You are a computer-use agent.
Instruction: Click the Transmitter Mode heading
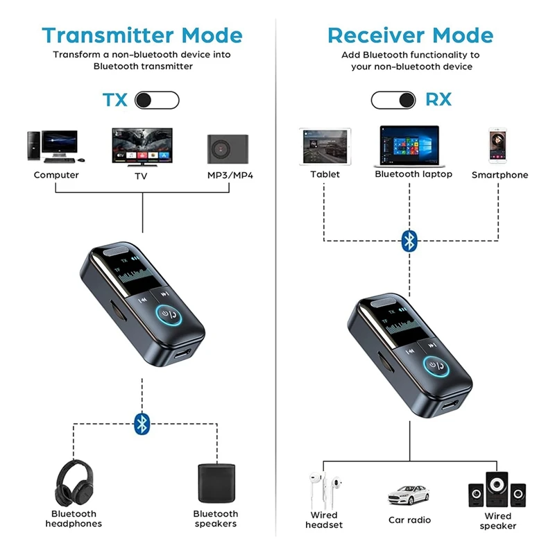tap(142, 35)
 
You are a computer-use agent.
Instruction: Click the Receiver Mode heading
tap(411, 35)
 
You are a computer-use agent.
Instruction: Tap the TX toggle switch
tap(156, 100)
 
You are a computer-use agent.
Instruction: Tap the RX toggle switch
tap(393, 100)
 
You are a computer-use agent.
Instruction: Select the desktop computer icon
tap(52, 146)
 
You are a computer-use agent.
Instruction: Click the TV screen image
tap(143, 145)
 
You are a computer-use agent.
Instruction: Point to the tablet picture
tap(325, 146)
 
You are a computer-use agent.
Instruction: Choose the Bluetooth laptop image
tap(409, 146)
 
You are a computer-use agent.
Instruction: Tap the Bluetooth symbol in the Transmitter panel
tap(142, 424)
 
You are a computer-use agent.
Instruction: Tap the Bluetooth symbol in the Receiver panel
tap(410, 241)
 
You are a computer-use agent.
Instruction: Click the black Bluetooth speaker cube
tap(215, 483)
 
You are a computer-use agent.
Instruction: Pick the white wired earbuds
tap(324, 489)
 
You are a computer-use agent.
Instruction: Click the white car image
tap(409, 495)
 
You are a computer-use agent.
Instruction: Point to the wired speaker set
tap(497, 490)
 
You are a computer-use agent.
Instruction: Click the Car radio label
tap(409, 520)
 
